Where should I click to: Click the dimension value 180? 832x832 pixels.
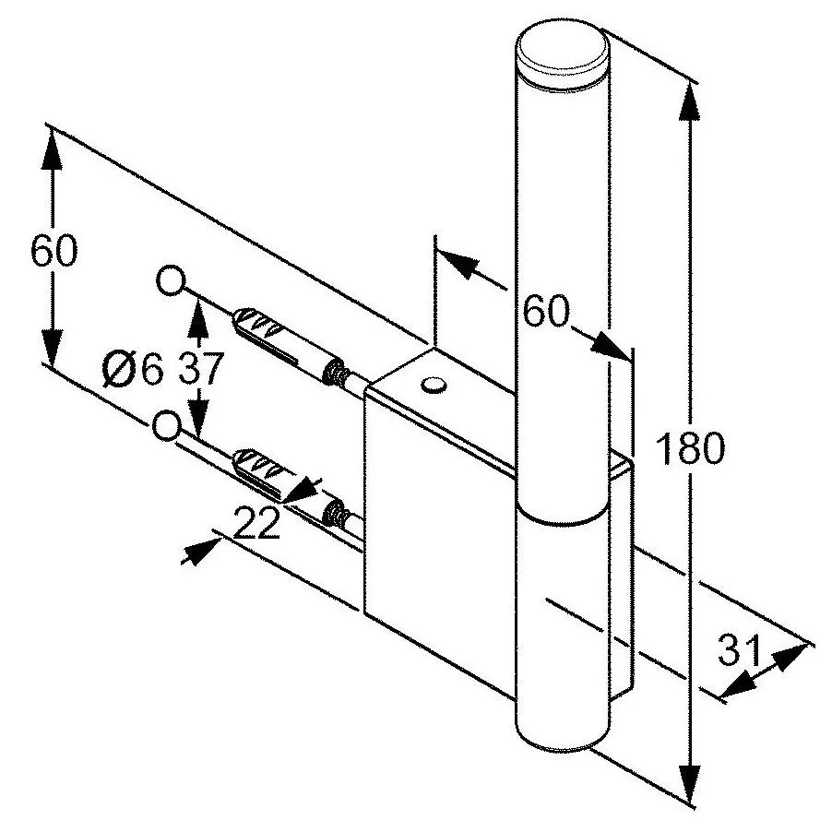tap(688, 449)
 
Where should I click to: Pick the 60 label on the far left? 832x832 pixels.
tap(53, 251)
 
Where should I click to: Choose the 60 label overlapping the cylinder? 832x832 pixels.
tap(546, 312)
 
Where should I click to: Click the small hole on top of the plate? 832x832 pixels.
tap(433, 384)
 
